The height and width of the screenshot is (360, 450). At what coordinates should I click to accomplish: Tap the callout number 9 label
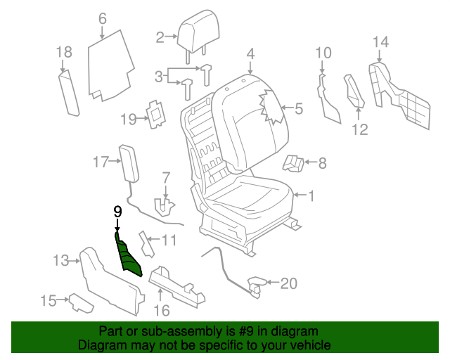coord(117,211)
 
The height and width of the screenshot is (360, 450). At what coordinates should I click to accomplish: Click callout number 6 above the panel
coord(103,18)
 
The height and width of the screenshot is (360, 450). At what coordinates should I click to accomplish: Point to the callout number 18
coord(64,52)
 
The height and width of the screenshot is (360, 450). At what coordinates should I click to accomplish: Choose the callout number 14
coord(380,42)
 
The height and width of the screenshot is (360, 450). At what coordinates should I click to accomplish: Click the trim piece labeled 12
coord(353,91)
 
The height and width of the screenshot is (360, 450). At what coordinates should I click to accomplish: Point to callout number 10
coord(323,52)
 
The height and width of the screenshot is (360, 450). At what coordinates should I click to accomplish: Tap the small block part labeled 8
coord(294,164)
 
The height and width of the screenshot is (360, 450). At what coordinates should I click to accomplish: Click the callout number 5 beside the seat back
coord(299,109)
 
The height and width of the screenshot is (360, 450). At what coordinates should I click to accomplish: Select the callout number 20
coord(289,283)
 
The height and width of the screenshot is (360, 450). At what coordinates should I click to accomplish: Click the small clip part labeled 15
coord(79,303)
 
